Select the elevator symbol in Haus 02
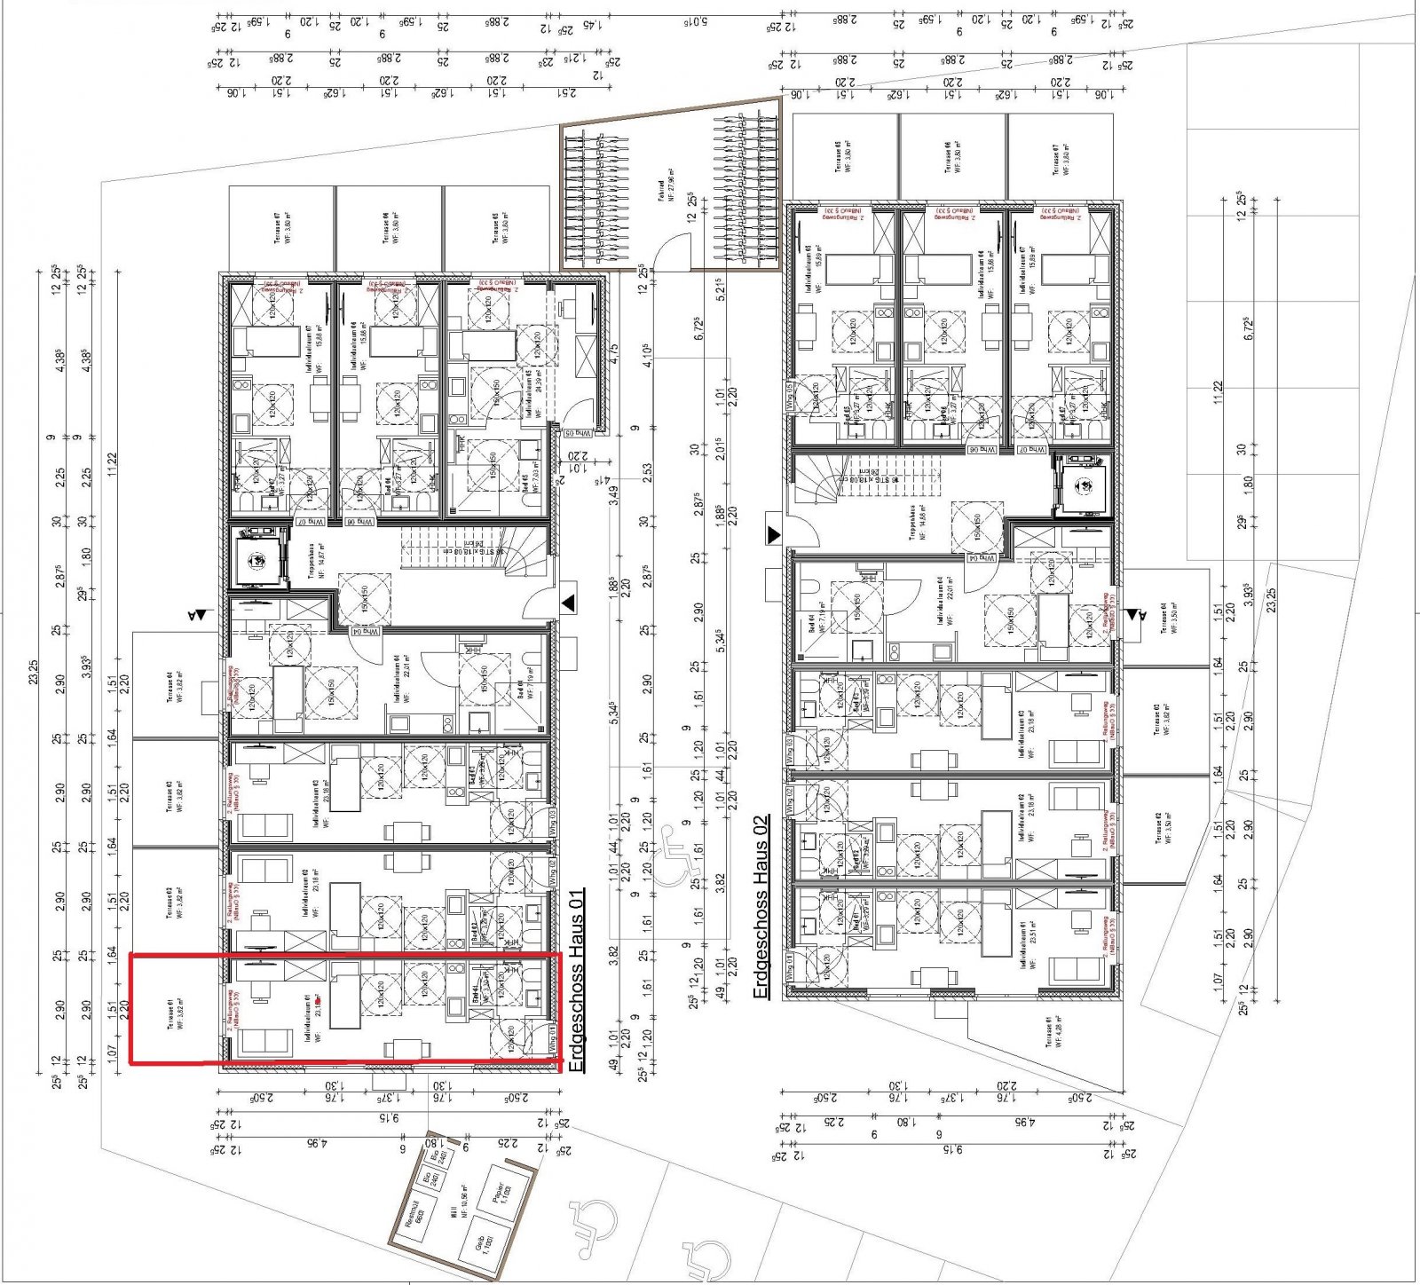(x=1085, y=485)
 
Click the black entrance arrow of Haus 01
(x=568, y=603)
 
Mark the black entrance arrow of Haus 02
(x=774, y=534)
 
